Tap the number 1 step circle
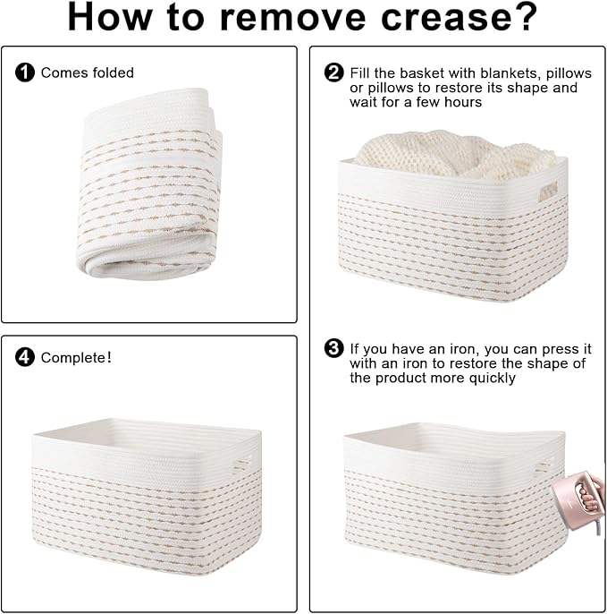coord(25,72)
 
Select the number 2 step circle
coord(334,72)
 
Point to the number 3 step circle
coord(334,348)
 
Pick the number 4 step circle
coord(25,357)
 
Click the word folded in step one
coord(113,72)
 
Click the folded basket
coord(149,183)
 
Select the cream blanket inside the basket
coord(457,154)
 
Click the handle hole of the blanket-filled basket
coord(547,192)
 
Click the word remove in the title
coord(291,18)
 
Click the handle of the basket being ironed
coord(544,467)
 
